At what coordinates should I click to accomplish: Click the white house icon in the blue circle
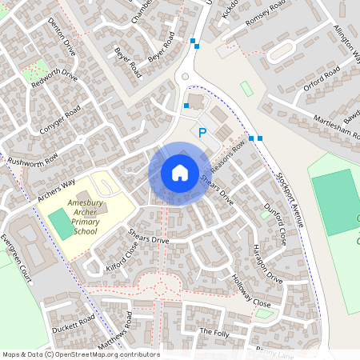pyautogui.click(x=179, y=173)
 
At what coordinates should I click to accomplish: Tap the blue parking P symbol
pyautogui.click(x=202, y=132)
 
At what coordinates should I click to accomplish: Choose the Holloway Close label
pyautogui.click(x=250, y=291)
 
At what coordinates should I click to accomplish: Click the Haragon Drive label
pyautogui.click(x=268, y=264)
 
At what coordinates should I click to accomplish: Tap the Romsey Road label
pyautogui.click(x=265, y=14)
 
